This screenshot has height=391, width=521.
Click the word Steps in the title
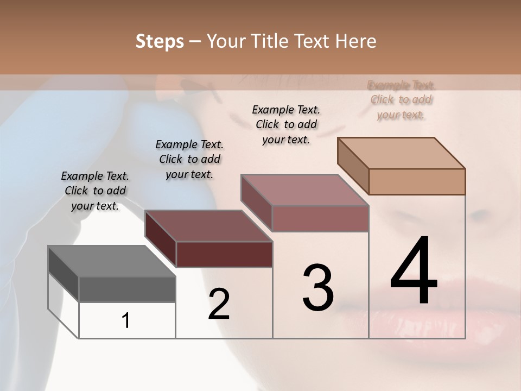tap(160, 41)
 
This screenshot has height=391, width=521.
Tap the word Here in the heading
tap(356, 41)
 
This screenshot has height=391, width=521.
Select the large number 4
tap(414, 272)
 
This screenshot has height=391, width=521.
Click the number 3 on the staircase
tap(318, 288)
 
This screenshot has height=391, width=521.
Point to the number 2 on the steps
tap(219, 304)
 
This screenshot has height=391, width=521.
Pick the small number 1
tap(126, 321)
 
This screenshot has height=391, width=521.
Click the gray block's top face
tap(112, 261)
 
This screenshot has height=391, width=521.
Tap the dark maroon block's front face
tap(224, 254)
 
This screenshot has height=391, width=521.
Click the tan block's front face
tap(417, 181)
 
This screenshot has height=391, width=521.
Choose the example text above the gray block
tap(95, 191)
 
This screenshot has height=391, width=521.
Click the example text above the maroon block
tap(189, 159)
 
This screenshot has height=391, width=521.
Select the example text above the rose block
tap(286, 124)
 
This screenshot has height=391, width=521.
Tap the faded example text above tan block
tap(401, 100)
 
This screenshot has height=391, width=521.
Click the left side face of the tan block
tap(353, 166)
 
